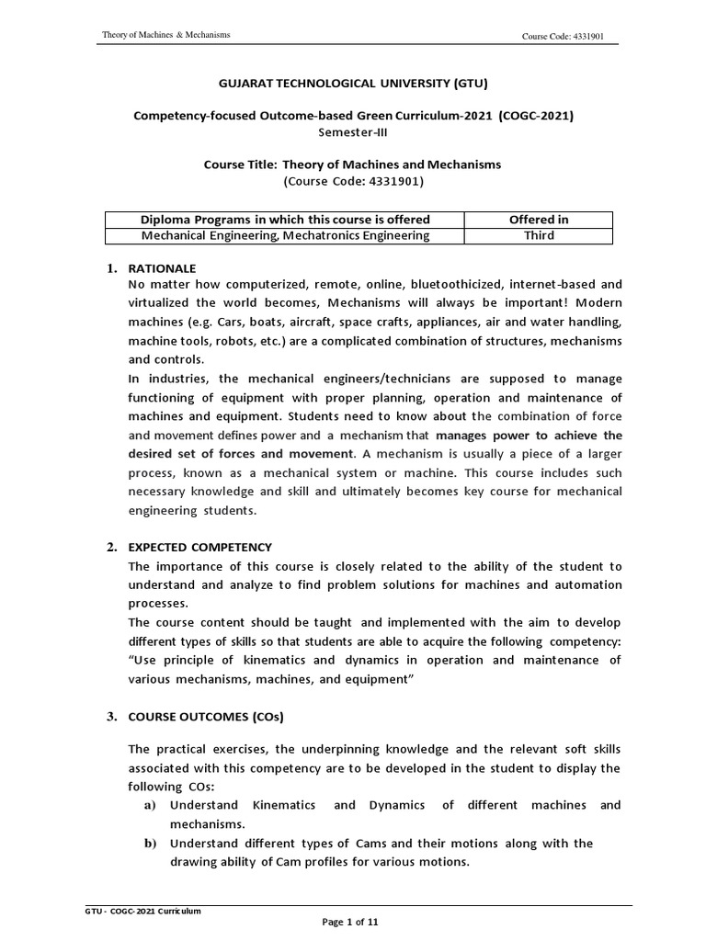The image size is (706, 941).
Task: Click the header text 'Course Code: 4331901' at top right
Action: (x=562, y=36)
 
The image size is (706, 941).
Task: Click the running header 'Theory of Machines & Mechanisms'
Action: (x=165, y=35)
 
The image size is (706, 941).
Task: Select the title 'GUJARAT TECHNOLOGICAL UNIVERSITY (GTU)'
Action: (x=352, y=85)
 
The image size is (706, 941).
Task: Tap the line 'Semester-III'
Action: (x=353, y=131)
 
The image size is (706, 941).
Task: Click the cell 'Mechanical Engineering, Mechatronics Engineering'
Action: (x=285, y=235)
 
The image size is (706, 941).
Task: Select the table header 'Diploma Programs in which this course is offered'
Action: (x=285, y=219)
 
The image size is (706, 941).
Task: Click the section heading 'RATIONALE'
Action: (x=163, y=268)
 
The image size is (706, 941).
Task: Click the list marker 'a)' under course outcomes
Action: (x=149, y=805)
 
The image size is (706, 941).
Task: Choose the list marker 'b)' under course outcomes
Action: (x=149, y=843)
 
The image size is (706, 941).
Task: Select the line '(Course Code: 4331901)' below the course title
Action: (x=353, y=180)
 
